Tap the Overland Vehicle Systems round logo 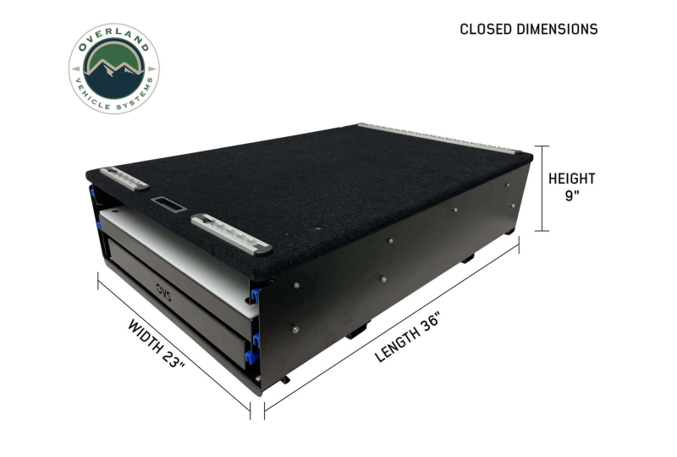[113, 69]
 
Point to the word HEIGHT [572, 179]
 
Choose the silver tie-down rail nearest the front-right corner [230, 234]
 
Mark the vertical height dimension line [545, 188]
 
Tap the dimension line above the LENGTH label [393, 328]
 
